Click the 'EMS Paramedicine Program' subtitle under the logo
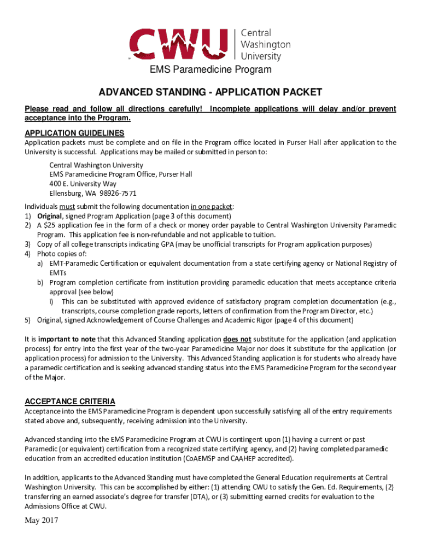(210, 69)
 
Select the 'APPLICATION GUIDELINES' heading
(74, 133)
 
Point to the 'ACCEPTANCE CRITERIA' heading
(69, 401)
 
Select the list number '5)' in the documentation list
(28, 320)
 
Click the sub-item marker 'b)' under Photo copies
(40, 282)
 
